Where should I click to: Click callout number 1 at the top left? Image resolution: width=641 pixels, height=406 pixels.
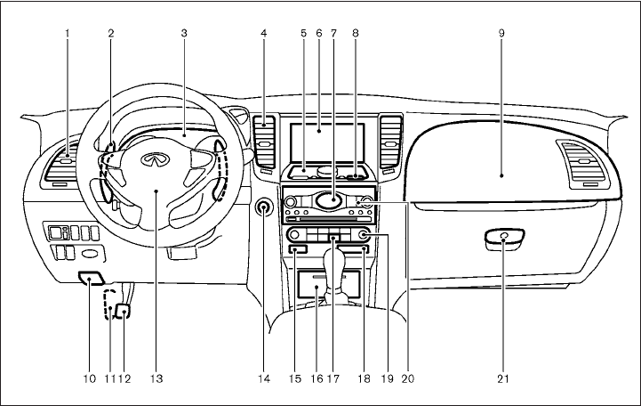[x=68, y=33]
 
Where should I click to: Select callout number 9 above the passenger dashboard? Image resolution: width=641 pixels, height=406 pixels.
[x=501, y=33]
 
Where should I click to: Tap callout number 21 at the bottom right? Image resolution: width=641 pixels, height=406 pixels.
[x=504, y=378]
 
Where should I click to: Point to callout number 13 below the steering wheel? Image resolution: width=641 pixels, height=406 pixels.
[x=156, y=378]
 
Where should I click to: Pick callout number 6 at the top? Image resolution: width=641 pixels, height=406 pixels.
[x=317, y=33]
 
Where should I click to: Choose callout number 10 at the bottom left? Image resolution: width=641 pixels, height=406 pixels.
[x=90, y=378]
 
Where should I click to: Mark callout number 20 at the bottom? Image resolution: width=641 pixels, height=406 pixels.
[x=408, y=378]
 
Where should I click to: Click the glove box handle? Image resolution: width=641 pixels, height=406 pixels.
[x=503, y=239]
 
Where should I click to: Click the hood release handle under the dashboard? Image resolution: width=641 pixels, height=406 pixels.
[x=92, y=277]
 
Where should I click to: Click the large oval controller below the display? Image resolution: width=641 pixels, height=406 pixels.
[x=327, y=200]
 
